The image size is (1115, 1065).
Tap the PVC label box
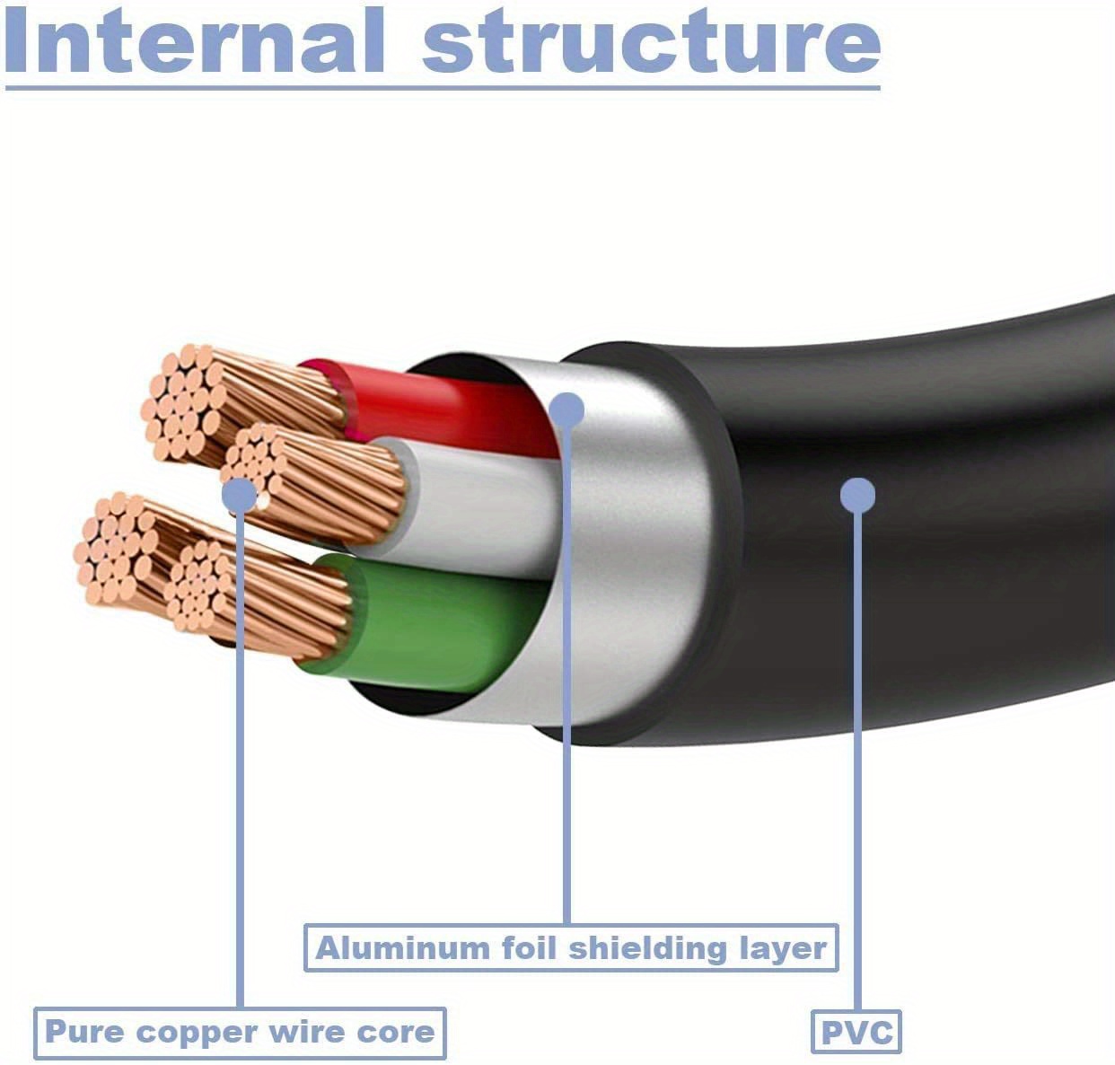[x=856, y=1033]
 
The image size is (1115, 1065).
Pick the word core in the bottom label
[x=398, y=1033]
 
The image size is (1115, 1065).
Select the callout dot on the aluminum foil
[x=566, y=410]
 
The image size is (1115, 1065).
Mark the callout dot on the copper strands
[x=239, y=494]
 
